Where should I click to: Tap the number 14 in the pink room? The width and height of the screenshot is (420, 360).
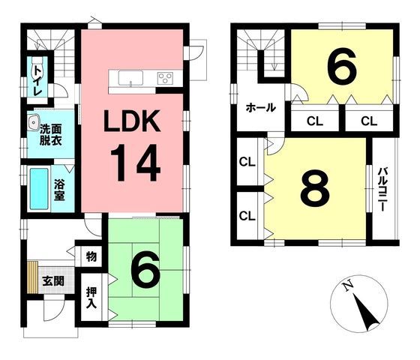[x=136, y=164]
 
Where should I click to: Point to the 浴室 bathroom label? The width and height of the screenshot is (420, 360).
[x=58, y=188]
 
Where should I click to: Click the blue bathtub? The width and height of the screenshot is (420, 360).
[x=38, y=187]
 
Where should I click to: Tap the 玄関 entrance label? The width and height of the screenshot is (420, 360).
[x=52, y=281]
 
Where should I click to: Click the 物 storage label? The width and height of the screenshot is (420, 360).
[x=91, y=257]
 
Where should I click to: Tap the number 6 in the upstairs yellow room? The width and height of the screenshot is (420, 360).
[x=341, y=68]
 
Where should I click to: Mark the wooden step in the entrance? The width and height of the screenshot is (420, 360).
[x=32, y=278]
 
